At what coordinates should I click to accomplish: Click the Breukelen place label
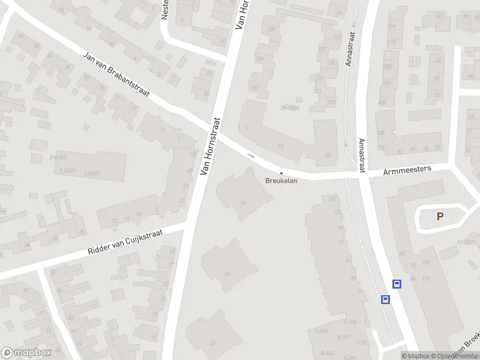click(281, 180)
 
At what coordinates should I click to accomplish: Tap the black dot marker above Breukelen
click(281, 173)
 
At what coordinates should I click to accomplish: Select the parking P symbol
click(440, 217)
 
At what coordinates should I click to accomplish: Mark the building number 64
click(243, 203)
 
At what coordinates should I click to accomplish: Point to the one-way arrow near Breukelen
click(251, 156)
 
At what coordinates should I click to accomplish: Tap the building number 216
click(392, 26)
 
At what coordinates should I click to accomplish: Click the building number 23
click(281, 146)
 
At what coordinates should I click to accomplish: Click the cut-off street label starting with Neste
click(165, 10)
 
